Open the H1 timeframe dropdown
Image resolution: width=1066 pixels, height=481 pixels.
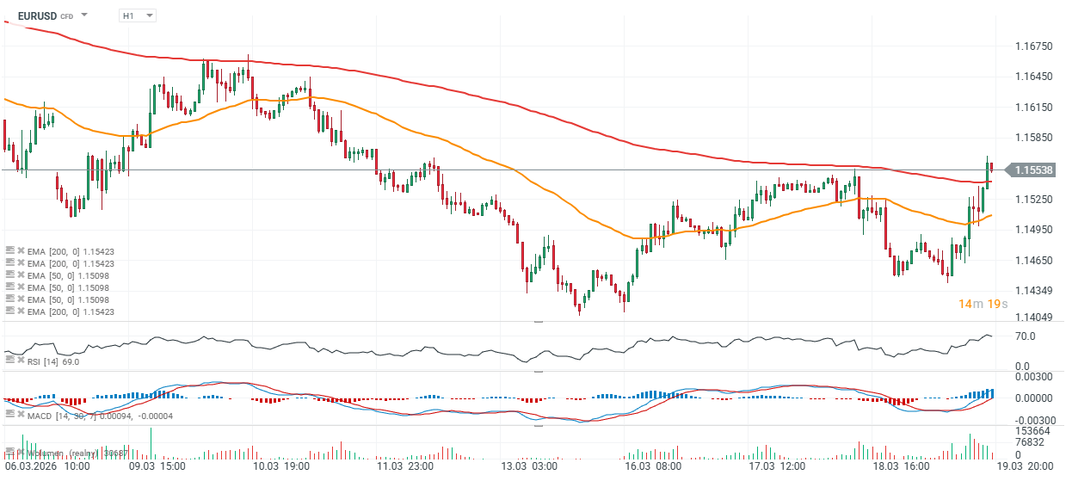pyautogui.click(x=138, y=15)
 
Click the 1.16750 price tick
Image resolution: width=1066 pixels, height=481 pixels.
pyautogui.click(x=1033, y=46)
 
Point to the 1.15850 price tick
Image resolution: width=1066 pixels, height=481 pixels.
pyautogui.click(x=1033, y=138)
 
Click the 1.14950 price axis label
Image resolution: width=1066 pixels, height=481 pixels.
pyautogui.click(x=1033, y=230)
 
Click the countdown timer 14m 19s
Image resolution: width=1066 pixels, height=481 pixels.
pyautogui.click(x=984, y=304)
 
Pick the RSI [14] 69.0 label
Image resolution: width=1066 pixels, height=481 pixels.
pyautogui.click(x=53, y=361)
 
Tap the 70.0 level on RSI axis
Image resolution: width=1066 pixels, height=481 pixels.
pyautogui.click(x=1025, y=336)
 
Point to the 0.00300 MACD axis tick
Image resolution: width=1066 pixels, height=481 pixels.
pyautogui.click(x=1033, y=377)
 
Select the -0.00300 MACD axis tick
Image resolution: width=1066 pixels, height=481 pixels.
pyautogui.click(x=1032, y=417)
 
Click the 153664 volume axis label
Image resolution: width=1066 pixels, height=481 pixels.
pyautogui.click(x=1030, y=430)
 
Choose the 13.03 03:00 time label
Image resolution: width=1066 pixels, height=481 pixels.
pyautogui.click(x=528, y=466)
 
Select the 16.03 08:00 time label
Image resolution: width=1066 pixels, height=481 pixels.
pyautogui.click(x=653, y=466)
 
